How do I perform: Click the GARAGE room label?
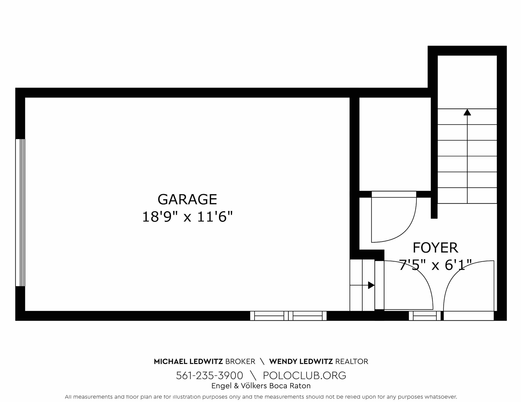[187, 199]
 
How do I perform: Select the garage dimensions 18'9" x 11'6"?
[188, 217]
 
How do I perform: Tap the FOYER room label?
[435, 247]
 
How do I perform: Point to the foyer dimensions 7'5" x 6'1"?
[435, 265]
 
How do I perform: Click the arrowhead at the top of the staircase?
[467, 112]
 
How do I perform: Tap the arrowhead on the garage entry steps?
[371, 285]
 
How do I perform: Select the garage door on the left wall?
[20, 213]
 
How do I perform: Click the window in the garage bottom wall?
[288, 316]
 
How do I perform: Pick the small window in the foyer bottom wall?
[425, 316]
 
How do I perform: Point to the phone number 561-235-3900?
[209, 375]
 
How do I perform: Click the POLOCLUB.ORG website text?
[304, 375]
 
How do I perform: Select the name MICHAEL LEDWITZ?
[188, 361]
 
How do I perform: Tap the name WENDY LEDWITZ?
[301, 361]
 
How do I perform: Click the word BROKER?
[240, 361]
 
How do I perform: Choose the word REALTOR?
[352, 361]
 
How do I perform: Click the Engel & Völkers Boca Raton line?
[261, 386]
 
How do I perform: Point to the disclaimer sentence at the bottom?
[261, 397]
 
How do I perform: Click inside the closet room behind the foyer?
[395, 144]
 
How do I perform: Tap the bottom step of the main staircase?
[467, 195]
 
